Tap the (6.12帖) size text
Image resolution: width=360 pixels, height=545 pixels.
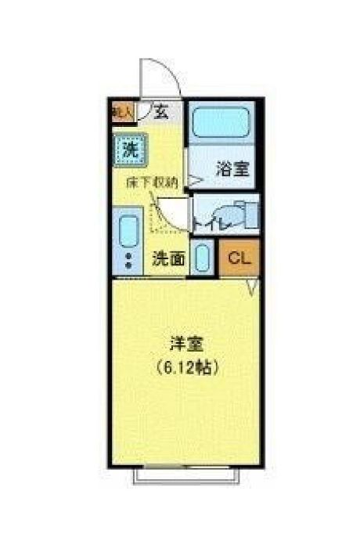186,365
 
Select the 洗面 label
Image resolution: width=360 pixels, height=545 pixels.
168,258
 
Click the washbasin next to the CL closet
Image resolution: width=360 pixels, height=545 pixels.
202,258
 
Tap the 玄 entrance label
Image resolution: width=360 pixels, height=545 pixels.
160,111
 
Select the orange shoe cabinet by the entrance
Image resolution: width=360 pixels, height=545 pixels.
121,111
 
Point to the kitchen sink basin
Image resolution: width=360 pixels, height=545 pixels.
128,232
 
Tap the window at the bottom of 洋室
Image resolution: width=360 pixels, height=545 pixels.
185,473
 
